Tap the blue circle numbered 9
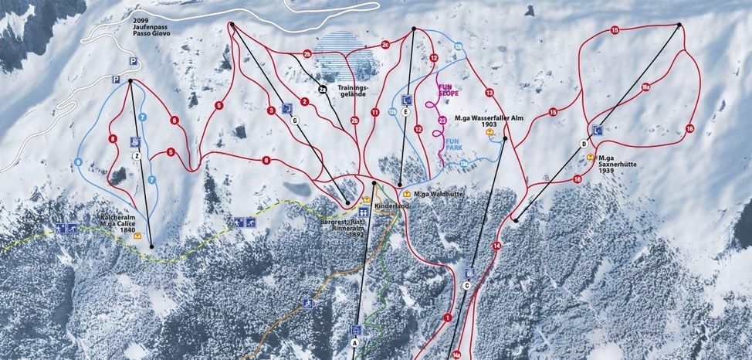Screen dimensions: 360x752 click(78, 162)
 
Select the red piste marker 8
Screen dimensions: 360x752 click(113, 139)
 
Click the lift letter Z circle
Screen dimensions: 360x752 click(137, 155)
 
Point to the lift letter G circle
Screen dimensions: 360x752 click(294, 121)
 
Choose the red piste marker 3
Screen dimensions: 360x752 click(271, 111)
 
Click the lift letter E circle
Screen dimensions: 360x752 click(405, 112)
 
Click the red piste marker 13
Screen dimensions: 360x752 click(489, 93)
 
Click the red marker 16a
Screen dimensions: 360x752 click(646, 87)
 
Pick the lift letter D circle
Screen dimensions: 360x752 click(584, 144)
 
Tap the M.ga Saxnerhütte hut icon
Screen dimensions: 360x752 click(591, 157)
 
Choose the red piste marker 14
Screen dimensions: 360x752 click(496, 246)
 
